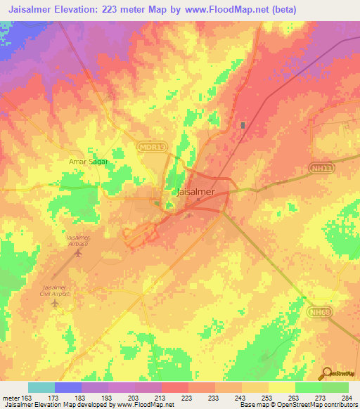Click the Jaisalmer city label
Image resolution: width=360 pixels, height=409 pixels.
tap(194, 190)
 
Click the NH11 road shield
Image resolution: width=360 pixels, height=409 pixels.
tap(323, 168)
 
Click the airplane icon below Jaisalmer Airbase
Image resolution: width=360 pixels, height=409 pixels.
tap(77, 254)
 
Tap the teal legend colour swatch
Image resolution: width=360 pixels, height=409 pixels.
tap(41, 387)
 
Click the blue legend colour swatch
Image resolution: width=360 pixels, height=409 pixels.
tap(67, 387)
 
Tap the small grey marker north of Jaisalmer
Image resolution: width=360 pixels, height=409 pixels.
tap(243, 125)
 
